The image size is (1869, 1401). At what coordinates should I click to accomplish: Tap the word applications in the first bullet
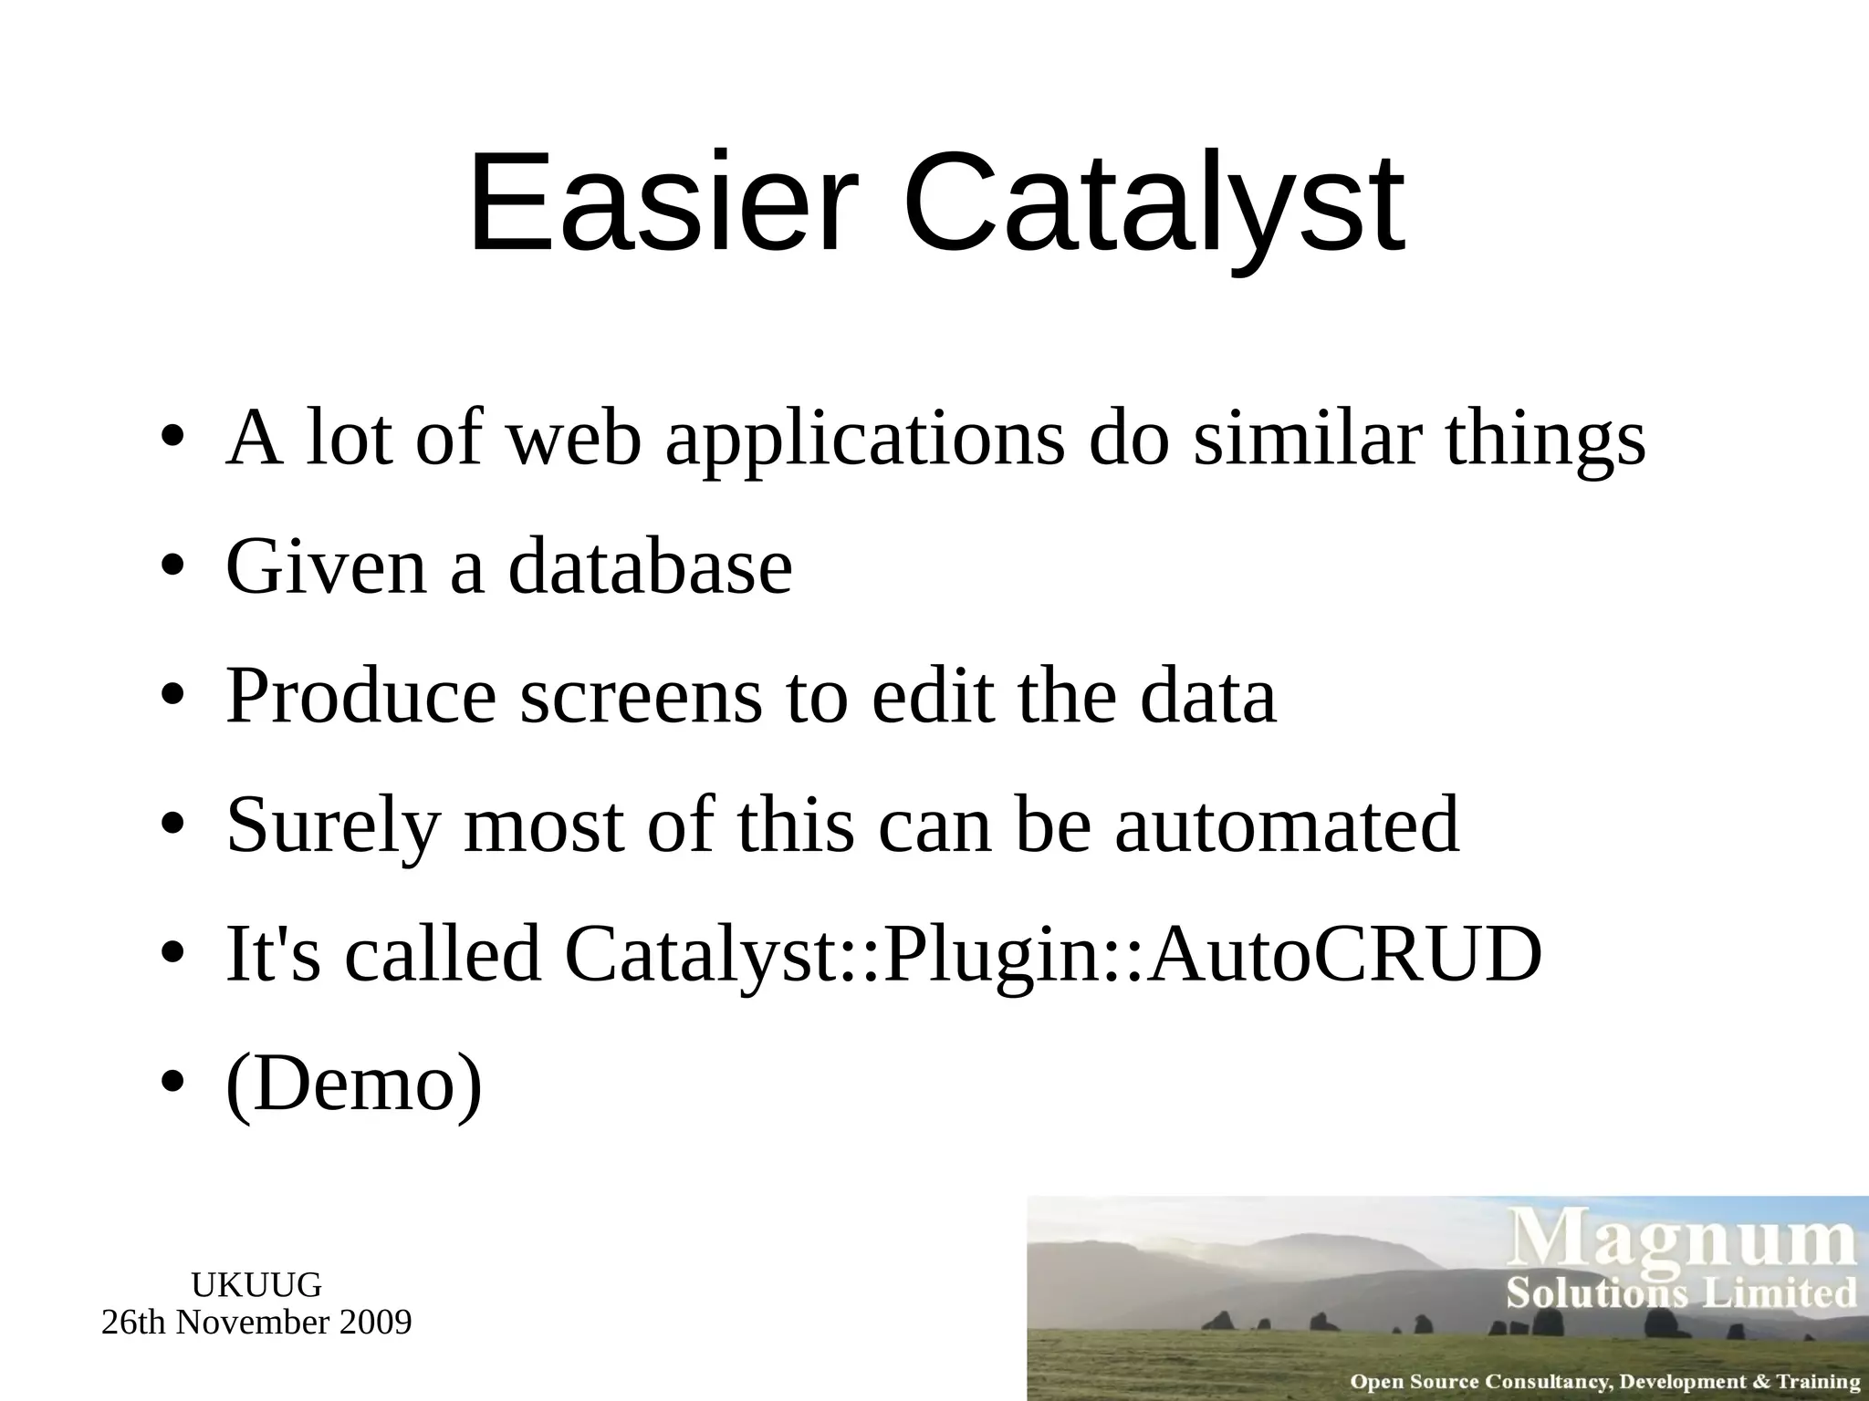(x=864, y=438)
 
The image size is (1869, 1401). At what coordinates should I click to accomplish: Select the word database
(x=650, y=567)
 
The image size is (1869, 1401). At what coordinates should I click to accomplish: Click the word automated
(x=1286, y=825)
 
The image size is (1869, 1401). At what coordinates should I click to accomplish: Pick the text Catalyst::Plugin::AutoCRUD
(x=1053, y=954)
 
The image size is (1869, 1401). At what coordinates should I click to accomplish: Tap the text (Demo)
(x=354, y=1084)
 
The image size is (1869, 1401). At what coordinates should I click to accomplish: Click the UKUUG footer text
(x=256, y=1285)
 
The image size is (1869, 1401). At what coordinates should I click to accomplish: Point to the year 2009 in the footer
(x=374, y=1322)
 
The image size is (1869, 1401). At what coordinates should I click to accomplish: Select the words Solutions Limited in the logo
(x=1682, y=1293)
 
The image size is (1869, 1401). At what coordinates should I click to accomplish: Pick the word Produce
(x=361, y=696)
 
